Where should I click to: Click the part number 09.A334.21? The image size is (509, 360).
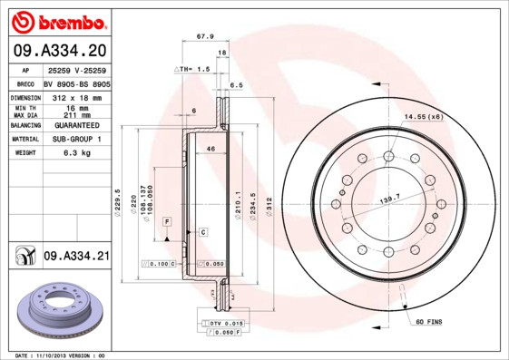tap(76, 257)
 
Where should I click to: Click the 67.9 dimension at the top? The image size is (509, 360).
tap(205, 38)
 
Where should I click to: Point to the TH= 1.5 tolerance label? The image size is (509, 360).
tap(192, 69)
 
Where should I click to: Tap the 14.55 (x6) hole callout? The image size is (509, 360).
tap(425, 117)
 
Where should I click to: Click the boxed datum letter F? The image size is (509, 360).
tap(168, 221)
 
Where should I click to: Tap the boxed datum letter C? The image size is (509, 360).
tap(203, 232)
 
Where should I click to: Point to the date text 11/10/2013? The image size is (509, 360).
tap(61, 355)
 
